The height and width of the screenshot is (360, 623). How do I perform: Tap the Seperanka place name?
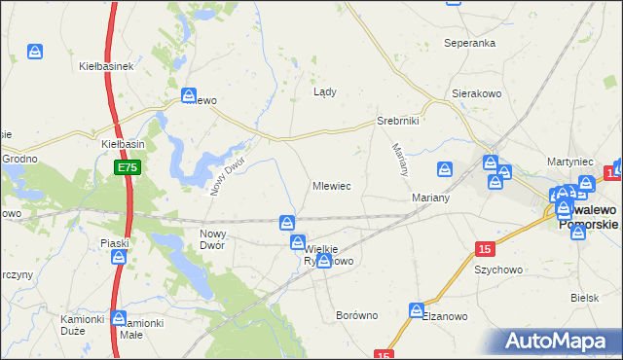[x=470, y=44]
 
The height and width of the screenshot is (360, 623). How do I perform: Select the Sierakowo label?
[x=476, y=94]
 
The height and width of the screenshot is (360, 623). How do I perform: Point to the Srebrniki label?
[x=397, y=122]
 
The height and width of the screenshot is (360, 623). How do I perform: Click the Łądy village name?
[x=324, y=92]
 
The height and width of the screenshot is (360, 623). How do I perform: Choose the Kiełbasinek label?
[x=105, y=67]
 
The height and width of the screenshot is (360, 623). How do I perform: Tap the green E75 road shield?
[x=128, y=168]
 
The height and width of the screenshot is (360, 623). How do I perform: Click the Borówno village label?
[x=355, y=316]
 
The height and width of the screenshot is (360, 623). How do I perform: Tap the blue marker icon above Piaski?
[x=119, y=258]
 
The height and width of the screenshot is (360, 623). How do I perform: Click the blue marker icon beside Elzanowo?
[x=417, y=311]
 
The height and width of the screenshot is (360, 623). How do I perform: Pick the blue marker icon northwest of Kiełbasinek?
[x=35, y=51]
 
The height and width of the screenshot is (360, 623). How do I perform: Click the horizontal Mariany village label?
[x=429, y=198]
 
